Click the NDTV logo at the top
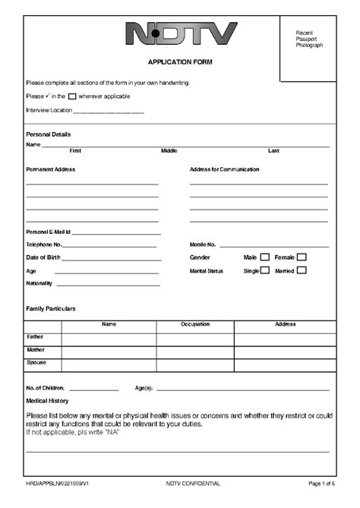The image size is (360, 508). (x=180, y=33)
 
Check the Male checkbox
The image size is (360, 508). (x=264, y=257)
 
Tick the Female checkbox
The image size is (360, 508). (x=302, y=257)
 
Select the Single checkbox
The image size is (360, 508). (x=264, y=270)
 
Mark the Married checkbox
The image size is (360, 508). (x=302, y=270)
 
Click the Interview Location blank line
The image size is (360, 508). (x=109, y=112)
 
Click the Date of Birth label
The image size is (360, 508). (x=43, y=258)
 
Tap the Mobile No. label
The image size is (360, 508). (x=203, y=245)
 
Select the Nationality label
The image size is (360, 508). (x=39, y=284)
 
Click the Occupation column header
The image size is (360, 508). (x=195, y=325)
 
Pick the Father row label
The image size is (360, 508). (x=35, y=336)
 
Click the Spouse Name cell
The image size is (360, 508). (x=109, y=363)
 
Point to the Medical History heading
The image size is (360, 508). (x=47, y=400)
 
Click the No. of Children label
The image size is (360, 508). (x=45, y=388)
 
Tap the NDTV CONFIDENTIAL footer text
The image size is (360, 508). (x=193, y=483)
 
